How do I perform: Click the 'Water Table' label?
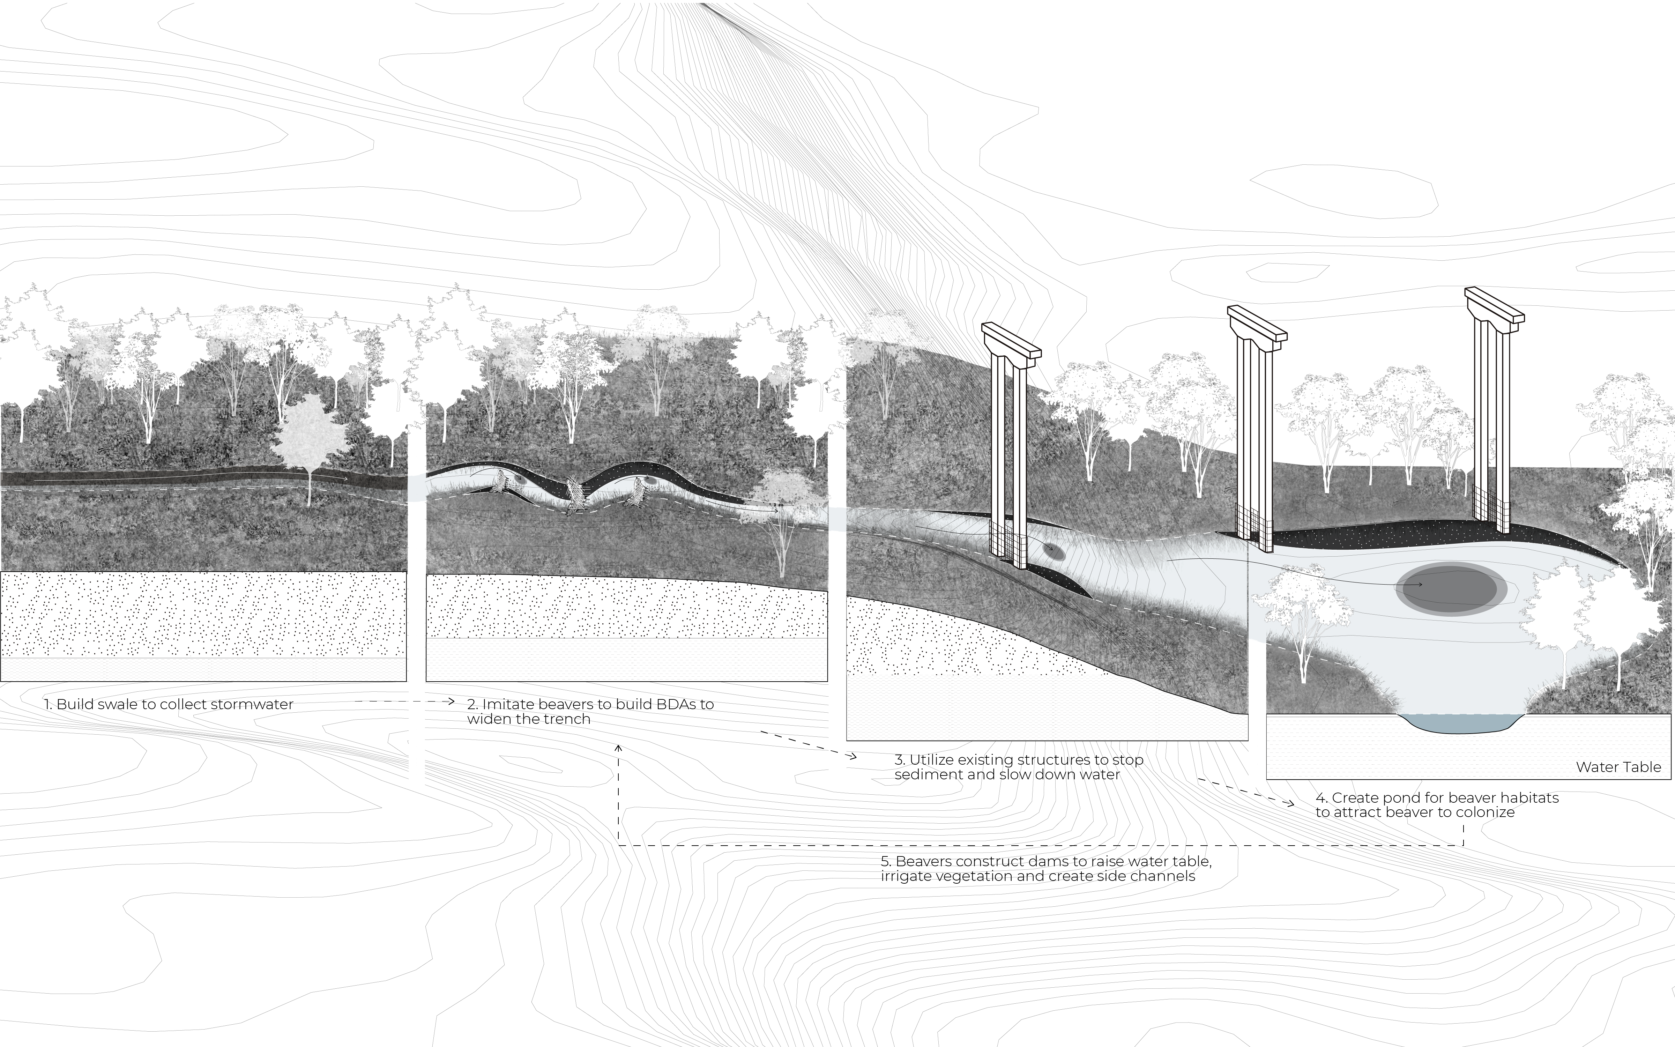click(1618, 767)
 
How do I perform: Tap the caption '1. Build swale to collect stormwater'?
click(169, 704)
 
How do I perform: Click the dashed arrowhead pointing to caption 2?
click(450, 701)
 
